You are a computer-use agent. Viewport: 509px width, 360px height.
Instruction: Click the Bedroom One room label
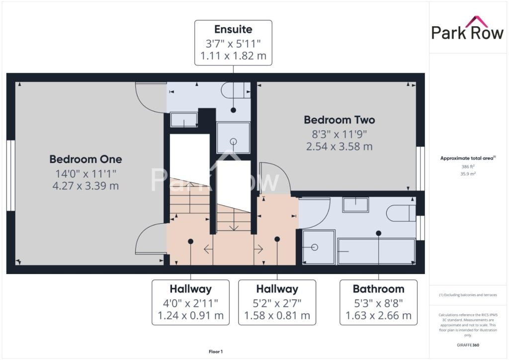coord(85,159)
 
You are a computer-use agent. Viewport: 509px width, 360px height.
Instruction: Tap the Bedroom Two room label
coord(339,120)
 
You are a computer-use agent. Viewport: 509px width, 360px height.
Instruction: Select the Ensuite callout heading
coord(234,29)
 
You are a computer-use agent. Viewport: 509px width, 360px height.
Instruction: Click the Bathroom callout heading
coord(378,289)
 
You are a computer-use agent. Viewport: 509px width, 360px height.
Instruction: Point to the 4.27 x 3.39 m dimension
coord(85,186)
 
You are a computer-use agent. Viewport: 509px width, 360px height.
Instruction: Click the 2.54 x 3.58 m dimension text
coord(339,146)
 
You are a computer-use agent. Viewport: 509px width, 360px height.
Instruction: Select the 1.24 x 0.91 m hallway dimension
coord(190,316)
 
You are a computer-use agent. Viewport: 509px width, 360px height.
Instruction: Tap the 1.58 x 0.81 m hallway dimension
coord(277,316)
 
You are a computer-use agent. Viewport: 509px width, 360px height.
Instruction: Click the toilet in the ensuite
coord(236,90)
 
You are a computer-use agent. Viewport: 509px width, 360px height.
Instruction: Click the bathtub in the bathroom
coord(377,252)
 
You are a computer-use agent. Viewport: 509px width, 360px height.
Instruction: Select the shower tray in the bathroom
coord(319,247)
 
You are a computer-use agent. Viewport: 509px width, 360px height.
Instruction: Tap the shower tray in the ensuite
coord(234,137)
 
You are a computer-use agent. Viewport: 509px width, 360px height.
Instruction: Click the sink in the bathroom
coord(356,204)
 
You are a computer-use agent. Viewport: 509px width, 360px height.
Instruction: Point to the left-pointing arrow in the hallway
coord(208,249)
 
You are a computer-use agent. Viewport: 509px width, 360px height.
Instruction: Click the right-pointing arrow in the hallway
coord(258,249)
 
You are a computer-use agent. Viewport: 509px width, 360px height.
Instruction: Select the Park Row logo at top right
coord(467,28)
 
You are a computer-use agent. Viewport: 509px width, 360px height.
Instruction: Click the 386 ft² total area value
coord(468,167)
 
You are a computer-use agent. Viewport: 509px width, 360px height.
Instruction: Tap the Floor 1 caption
coord(216,352)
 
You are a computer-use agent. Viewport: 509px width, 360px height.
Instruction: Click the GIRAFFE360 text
coord(468,345)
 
